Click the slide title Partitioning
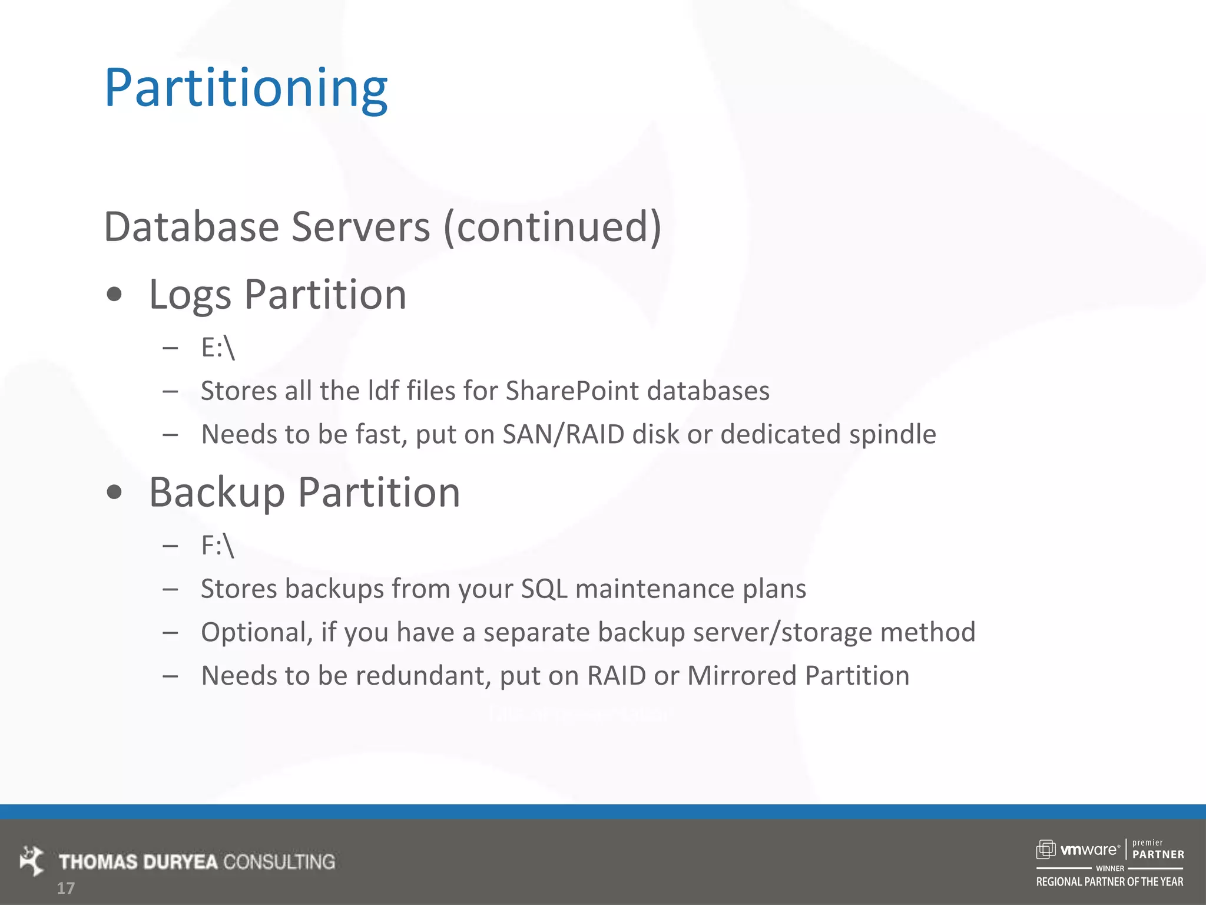(x=246, y=88)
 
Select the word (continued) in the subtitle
(x=552, y=227)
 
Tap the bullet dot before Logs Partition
(x=114, y=294)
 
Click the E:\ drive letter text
(x=217, y=348)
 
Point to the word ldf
(x=383, y=391)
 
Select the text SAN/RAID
(x=563, y=434)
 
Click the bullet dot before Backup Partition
(x=114, y=492)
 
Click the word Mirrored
(x=741, y=676)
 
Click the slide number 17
(x=65, y=888)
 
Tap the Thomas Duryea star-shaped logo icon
(x=32, y=861)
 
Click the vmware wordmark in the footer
(x=1089, y=850)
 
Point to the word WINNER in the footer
(x=1109, y=868)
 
